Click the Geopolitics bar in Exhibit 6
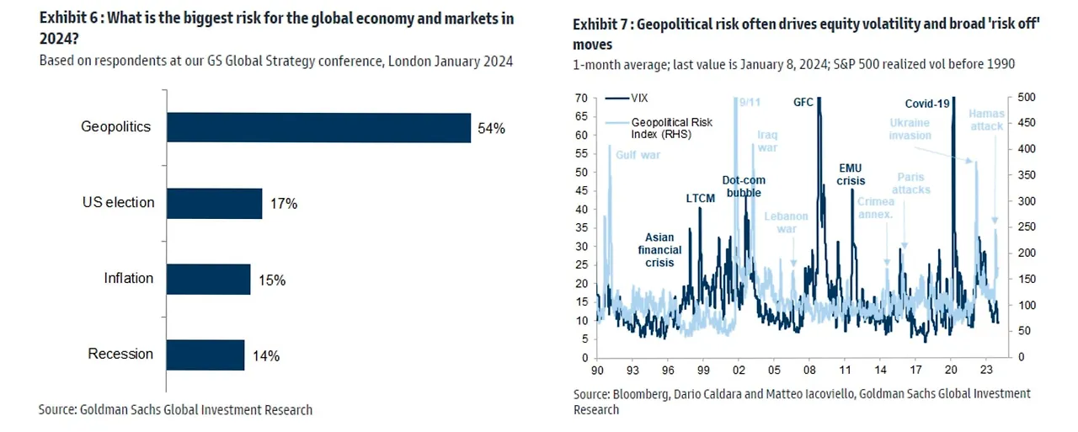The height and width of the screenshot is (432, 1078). pyautogui.click(x=318, y=127)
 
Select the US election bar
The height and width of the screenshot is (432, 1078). pyautogui.click(x=214, y=203)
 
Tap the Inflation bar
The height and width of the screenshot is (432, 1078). pyautogui.click(x=208, y=279)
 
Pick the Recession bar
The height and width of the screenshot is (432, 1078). pyautogui.click(x=205, y=355)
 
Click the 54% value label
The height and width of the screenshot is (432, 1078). pyautogui.click(x=491, y=128)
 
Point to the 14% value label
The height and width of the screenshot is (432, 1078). pyautogui.click(x=265, y=355)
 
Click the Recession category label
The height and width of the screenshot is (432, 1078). pyautogui.click(x=120, y=354)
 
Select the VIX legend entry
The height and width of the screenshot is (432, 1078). pyautogui.click(x=640, y=98)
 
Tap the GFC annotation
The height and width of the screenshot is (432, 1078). pyautogui.click(x=803, y=103)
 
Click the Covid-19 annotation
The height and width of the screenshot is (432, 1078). pyautogui.click(x=927, y=104)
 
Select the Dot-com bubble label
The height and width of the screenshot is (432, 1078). pyautogui.click(x=742, y=186)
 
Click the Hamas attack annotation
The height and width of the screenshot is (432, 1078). pyautogui.click(x=986, y=120)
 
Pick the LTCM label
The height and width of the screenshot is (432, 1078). pyautogui.click(x=699, y=199)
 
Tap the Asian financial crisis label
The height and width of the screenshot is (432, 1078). pyautogui.click(x=659, y=250)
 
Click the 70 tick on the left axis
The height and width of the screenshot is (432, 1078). pyautogui.click(x=581, y=98)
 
